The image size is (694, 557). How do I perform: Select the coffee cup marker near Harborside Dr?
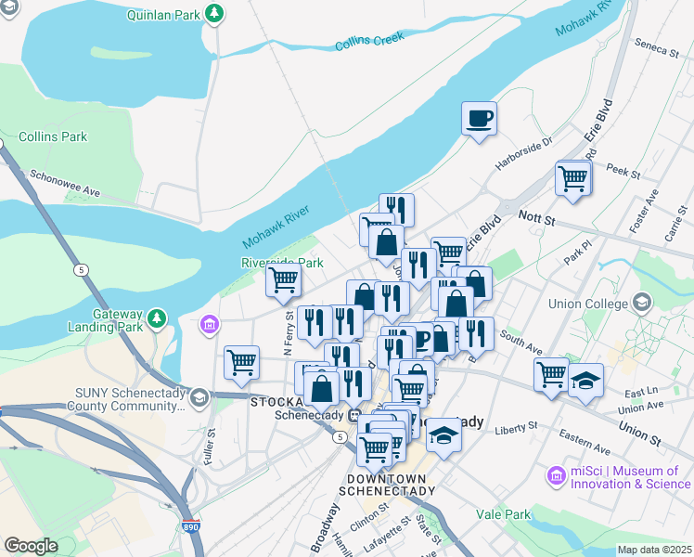[x=479, y=119]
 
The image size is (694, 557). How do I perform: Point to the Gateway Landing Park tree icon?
[x=157, y=318]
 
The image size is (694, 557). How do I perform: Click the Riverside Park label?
[x=282, y=263]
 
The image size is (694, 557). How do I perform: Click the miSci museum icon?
[x=557, y=476]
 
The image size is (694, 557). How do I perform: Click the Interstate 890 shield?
[x=191, y=525]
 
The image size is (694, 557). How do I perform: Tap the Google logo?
[x=32, y=546]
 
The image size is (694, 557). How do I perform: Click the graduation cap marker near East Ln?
[x=585, y=380]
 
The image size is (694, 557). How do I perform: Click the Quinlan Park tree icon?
[x=215, y=13]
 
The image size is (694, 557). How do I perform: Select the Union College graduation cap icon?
[x=641, y=302]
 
